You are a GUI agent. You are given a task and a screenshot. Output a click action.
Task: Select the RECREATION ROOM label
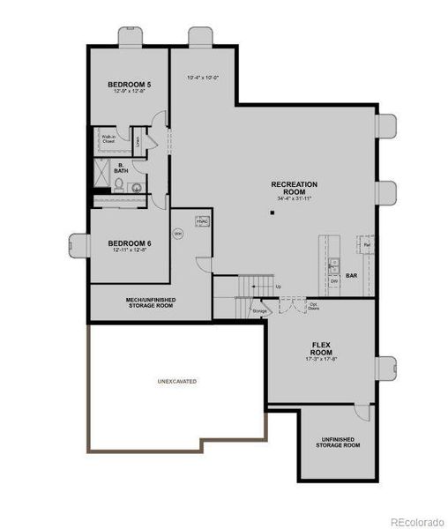point(294,187)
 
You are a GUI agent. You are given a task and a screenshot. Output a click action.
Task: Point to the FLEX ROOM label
point(320,349)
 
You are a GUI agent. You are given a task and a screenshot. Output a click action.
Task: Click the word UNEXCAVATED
point(176,381)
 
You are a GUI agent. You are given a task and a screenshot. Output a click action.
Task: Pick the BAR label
point(351,276)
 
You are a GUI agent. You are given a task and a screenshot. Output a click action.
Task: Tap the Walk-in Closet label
point(108,138)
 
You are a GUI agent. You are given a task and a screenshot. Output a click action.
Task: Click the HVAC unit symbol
point(202,220)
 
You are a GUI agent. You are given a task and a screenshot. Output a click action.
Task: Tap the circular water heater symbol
point(177,234)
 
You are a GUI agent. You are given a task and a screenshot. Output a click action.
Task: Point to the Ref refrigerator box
point(365,243)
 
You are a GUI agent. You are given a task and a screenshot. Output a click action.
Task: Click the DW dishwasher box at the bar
point(334,281)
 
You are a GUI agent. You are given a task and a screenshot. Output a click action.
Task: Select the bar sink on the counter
point(332,264)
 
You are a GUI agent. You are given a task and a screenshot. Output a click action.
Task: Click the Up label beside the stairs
point(279,287)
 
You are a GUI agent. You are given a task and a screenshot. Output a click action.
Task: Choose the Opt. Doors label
point(313,307)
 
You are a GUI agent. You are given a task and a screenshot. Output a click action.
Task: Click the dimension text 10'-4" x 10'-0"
point(202,78)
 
